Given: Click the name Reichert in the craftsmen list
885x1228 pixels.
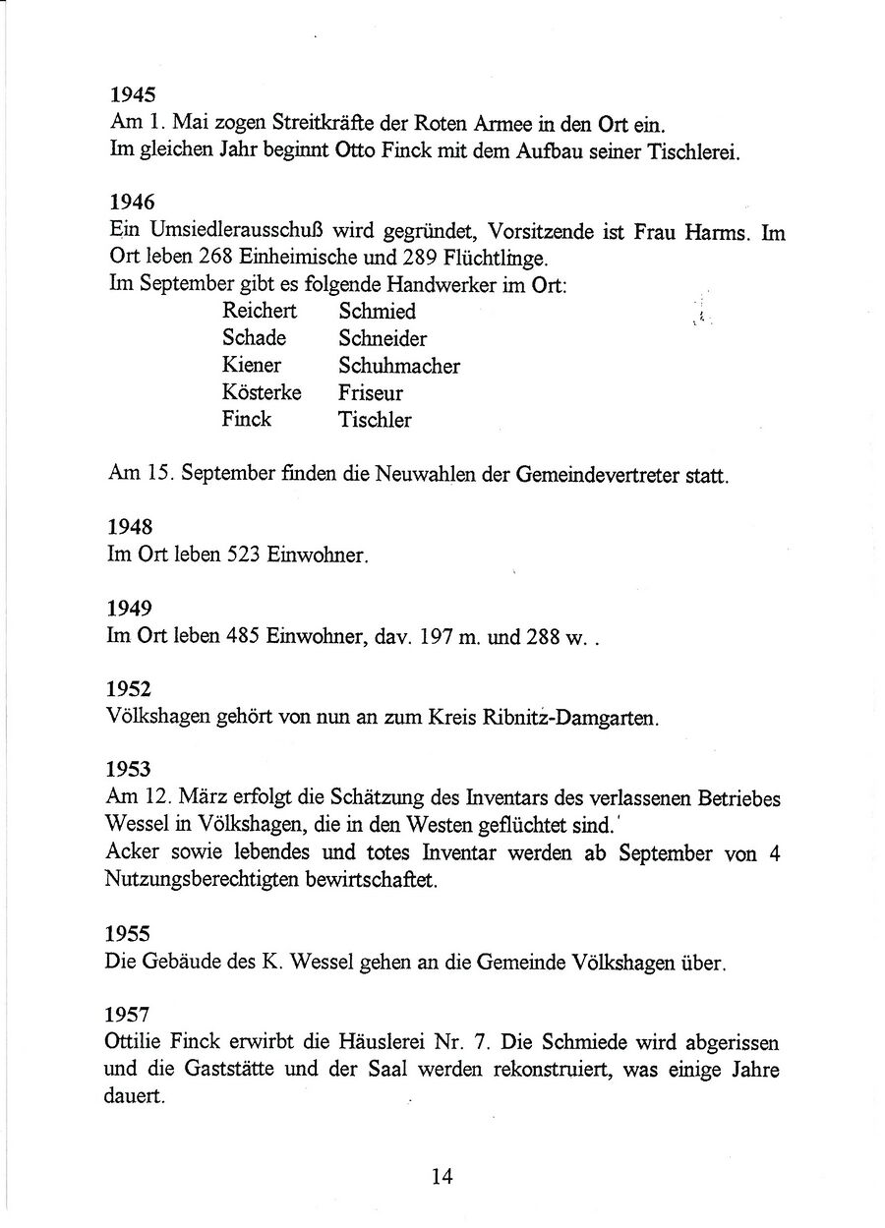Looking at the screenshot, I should click(259, 312).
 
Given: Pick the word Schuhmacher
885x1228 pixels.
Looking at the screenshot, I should click(399, 366).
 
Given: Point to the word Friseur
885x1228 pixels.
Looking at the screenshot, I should click(371, 393).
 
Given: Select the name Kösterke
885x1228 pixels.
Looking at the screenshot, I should click(262, 393).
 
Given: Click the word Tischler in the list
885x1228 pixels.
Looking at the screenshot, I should click(375, 421).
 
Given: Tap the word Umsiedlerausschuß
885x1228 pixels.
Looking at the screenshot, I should click(203, 232).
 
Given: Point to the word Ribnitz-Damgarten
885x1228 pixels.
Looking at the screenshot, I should click(580, 719).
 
